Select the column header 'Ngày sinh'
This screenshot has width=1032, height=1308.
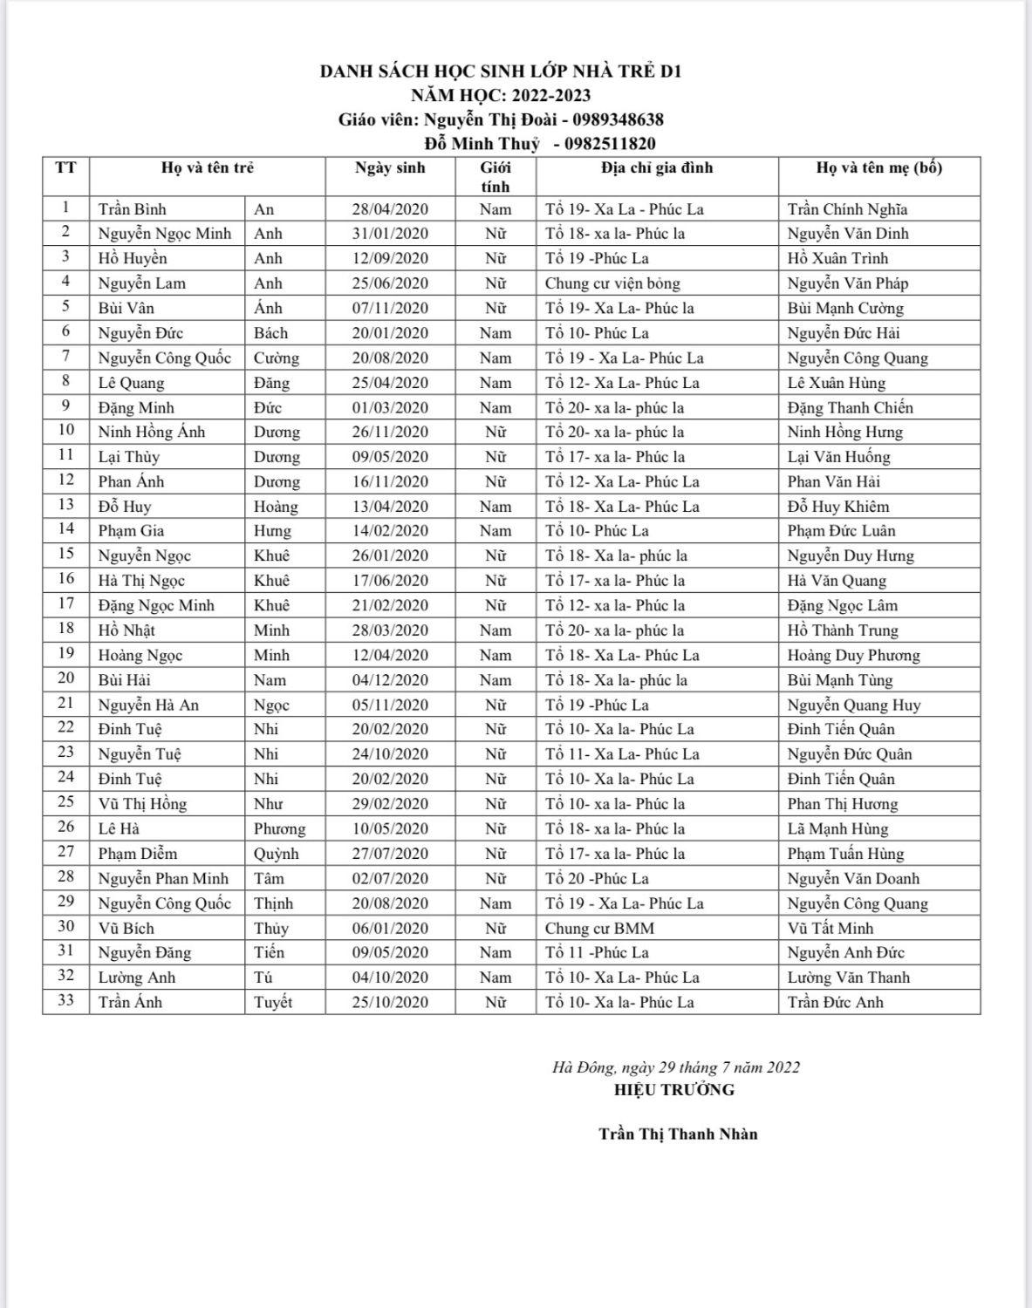point(390,167)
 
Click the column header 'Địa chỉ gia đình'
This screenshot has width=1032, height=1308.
point(656,167)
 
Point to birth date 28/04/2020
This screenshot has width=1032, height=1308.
point(390,209)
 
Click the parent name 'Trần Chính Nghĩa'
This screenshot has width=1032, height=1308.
point(847,209)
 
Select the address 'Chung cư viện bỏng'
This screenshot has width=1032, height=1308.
point(612,283)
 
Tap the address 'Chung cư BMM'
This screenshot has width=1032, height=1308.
point(599,929)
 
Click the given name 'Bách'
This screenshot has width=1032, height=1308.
point(270,333)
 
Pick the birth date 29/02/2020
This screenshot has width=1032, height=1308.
point(390,804)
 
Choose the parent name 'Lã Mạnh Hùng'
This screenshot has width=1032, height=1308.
point(837,829)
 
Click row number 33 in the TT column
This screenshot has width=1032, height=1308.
point(66,1000)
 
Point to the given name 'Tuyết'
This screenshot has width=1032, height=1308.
point(273,1003)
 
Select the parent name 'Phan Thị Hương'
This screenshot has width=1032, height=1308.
point(842,804)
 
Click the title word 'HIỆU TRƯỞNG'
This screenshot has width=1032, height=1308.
point(673,1089)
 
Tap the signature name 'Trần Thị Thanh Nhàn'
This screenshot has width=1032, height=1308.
point(678,1134)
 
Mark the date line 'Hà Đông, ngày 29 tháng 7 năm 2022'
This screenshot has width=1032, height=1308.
point(675,1067)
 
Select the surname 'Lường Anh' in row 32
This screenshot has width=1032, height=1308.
point(137,978)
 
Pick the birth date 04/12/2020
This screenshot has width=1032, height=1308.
point(390,680)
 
